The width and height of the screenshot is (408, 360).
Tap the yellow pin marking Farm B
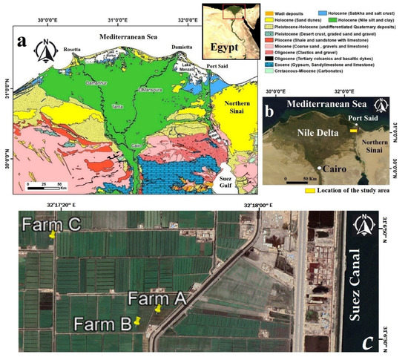pyautogui.click(x=138, y=321)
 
